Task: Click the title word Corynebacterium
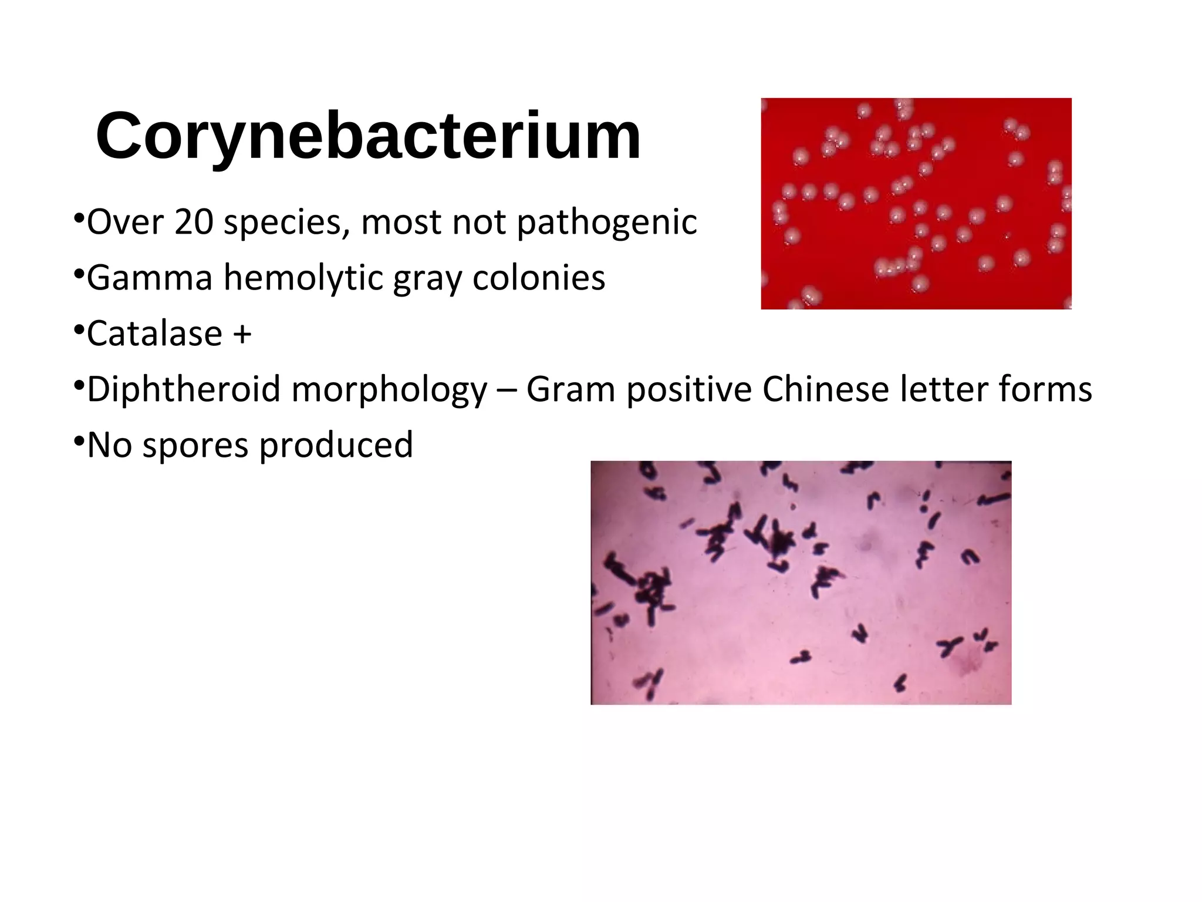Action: click(369, 136)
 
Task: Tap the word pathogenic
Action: click(606, 223)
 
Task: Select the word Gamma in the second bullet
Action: click(149, 278)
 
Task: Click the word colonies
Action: click(538, 278)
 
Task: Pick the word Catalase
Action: click(155, 334)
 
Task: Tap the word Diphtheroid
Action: click(184, 389)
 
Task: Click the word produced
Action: click(336, 445)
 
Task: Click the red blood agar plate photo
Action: click(916, 203)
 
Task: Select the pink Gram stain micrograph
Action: click(801, 582)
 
